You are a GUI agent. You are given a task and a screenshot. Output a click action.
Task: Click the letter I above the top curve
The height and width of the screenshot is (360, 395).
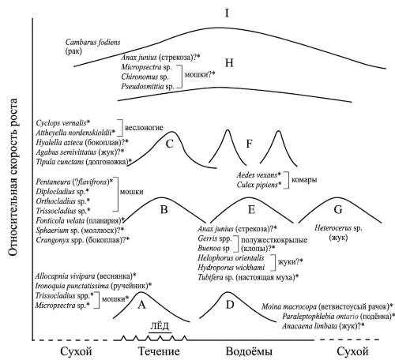pyautogui.click(x=227, y=13)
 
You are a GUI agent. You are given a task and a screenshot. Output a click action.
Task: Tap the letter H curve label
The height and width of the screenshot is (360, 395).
pyautogui.click(x=229, y=63)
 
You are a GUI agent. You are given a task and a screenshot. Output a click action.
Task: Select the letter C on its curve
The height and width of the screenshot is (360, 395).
pyautogui.click(x=170, y=144)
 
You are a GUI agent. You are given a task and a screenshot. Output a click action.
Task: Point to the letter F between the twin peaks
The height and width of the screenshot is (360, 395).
pyautogui.click(x=249, y=144)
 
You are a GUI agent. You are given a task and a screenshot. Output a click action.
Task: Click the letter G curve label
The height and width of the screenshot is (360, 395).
pyautogui.click(x=338, y=209)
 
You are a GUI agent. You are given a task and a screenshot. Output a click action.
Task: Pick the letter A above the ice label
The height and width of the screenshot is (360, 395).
pyautogui.click(x=141, y=305)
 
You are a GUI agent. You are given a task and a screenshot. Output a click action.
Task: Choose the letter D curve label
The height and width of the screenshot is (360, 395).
pyautogui.click(x=230, y=305)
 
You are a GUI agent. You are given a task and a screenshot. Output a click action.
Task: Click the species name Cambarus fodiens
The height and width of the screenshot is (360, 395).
pyautogui.click(x=92, y=42)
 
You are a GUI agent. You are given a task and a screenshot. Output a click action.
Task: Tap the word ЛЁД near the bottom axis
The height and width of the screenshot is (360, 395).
pyautogui.click(x=160, y=326)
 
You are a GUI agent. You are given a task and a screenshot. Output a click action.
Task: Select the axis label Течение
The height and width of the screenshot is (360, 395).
pyautogui.click(x=159, y=351)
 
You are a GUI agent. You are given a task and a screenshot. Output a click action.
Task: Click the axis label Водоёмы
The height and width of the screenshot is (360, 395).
pyautogui.click(x=249, y=351)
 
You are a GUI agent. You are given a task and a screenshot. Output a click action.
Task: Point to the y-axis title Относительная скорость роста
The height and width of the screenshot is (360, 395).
pyautogui.click(x=13, y=177)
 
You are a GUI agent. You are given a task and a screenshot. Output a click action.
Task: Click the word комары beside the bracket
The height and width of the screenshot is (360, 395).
pyautogui.click(x=304, y=180)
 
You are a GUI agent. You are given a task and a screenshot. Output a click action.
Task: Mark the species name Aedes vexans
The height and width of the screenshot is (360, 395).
pyautogui.click(x=257, y=175)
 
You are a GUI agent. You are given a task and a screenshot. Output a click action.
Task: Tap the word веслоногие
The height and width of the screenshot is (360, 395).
pyautogui.click(x=144, y=128)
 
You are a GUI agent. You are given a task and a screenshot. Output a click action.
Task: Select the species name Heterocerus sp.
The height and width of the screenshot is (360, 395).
pyautogui.click(x=338, y=228)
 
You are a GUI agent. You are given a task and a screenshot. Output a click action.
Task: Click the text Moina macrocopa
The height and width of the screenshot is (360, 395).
pyautogui.click(x=289, y=306)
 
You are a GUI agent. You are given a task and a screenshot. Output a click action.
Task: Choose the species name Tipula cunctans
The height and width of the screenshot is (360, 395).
pyautogui.click(x=60, y=162)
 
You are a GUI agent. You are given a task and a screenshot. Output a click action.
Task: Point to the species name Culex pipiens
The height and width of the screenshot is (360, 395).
pyautogui.click(x=257, y=185)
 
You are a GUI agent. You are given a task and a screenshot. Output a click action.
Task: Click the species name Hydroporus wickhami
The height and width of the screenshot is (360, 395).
pyautogui.click(x=231, y=268)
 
